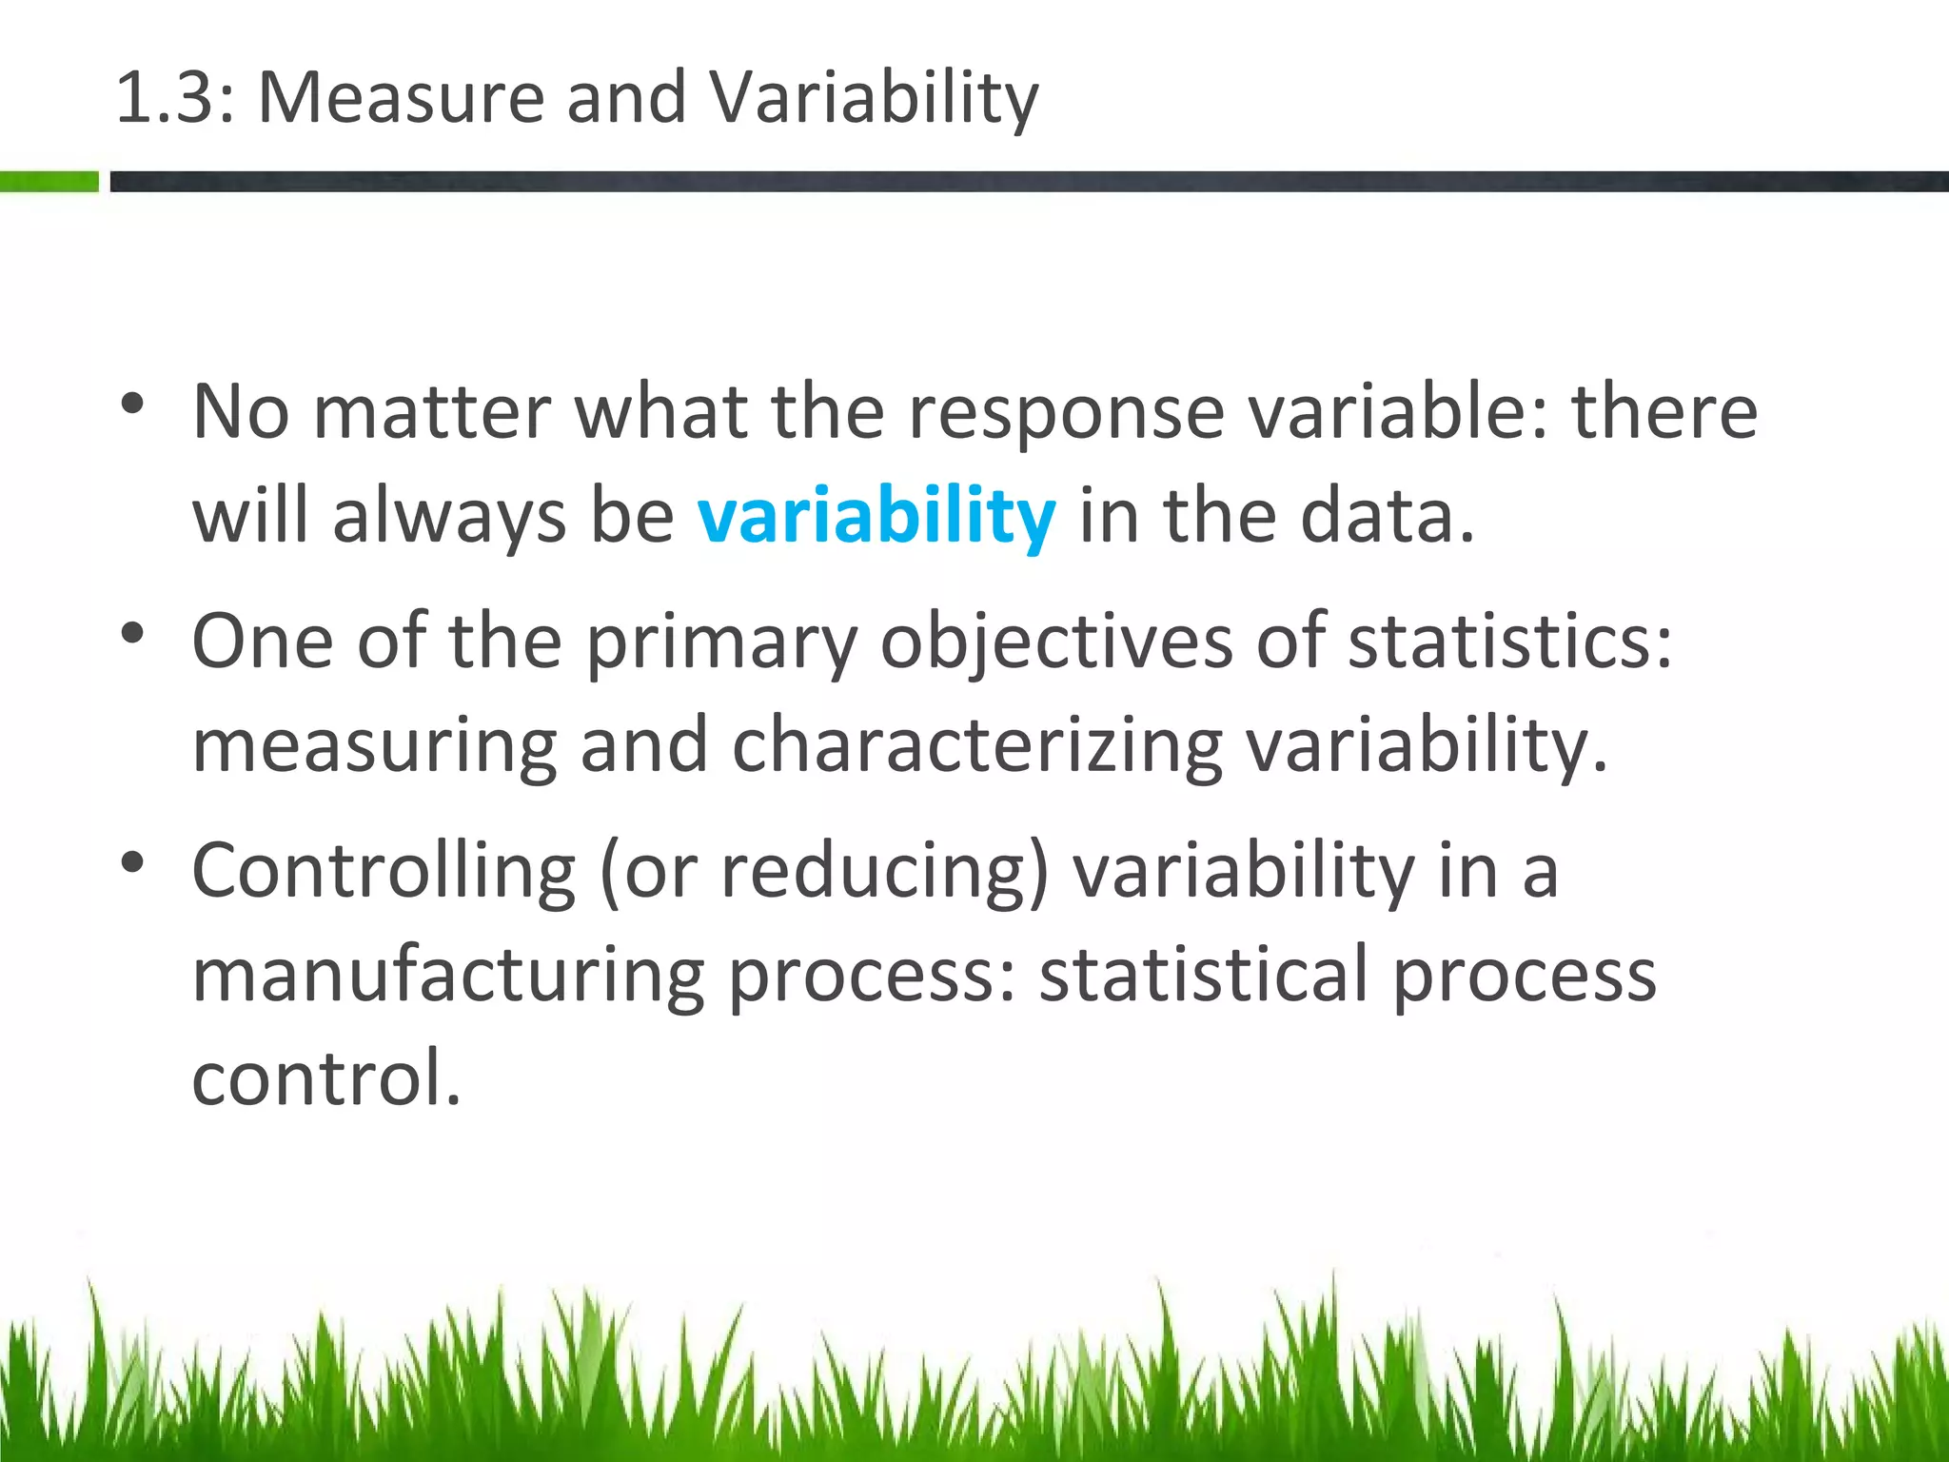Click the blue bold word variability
pyautogui.click(x=876, y=516)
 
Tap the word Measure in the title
pyautogui.click(x=401, y=97)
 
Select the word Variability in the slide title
pyautogui.click(x=873, y=99)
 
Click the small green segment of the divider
pyautogui.click(x=49, y=181)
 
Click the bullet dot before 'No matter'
pyautogui.click(x=132, y=404)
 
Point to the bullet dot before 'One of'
pyautogui.click(x=132, y=633)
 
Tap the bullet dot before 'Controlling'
pyautogui.click(x=132, y=862)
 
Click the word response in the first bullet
pyautogui.click(x=1066, y=413)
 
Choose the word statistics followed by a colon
pyautogui.click(x=1508, y=642)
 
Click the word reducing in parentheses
pyautogui.click(x=885, y=872)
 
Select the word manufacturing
pyautogui.click(x=448, y=977)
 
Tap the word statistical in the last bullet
pyautogui.click(x=1203, y=975)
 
